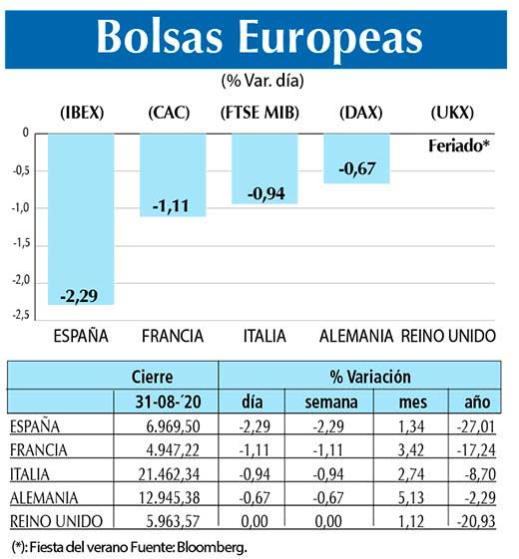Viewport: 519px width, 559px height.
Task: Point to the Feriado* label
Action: point(458,145)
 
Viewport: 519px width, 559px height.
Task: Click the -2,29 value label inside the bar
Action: point(80,295)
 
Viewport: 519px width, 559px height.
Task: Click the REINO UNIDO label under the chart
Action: point(448,335)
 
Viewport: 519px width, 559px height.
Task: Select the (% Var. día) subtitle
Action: point(261,80)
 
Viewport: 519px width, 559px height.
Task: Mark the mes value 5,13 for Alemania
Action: point(399,495)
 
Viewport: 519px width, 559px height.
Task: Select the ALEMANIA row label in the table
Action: point(45,495)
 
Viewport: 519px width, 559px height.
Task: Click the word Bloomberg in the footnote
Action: point(213,546)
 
